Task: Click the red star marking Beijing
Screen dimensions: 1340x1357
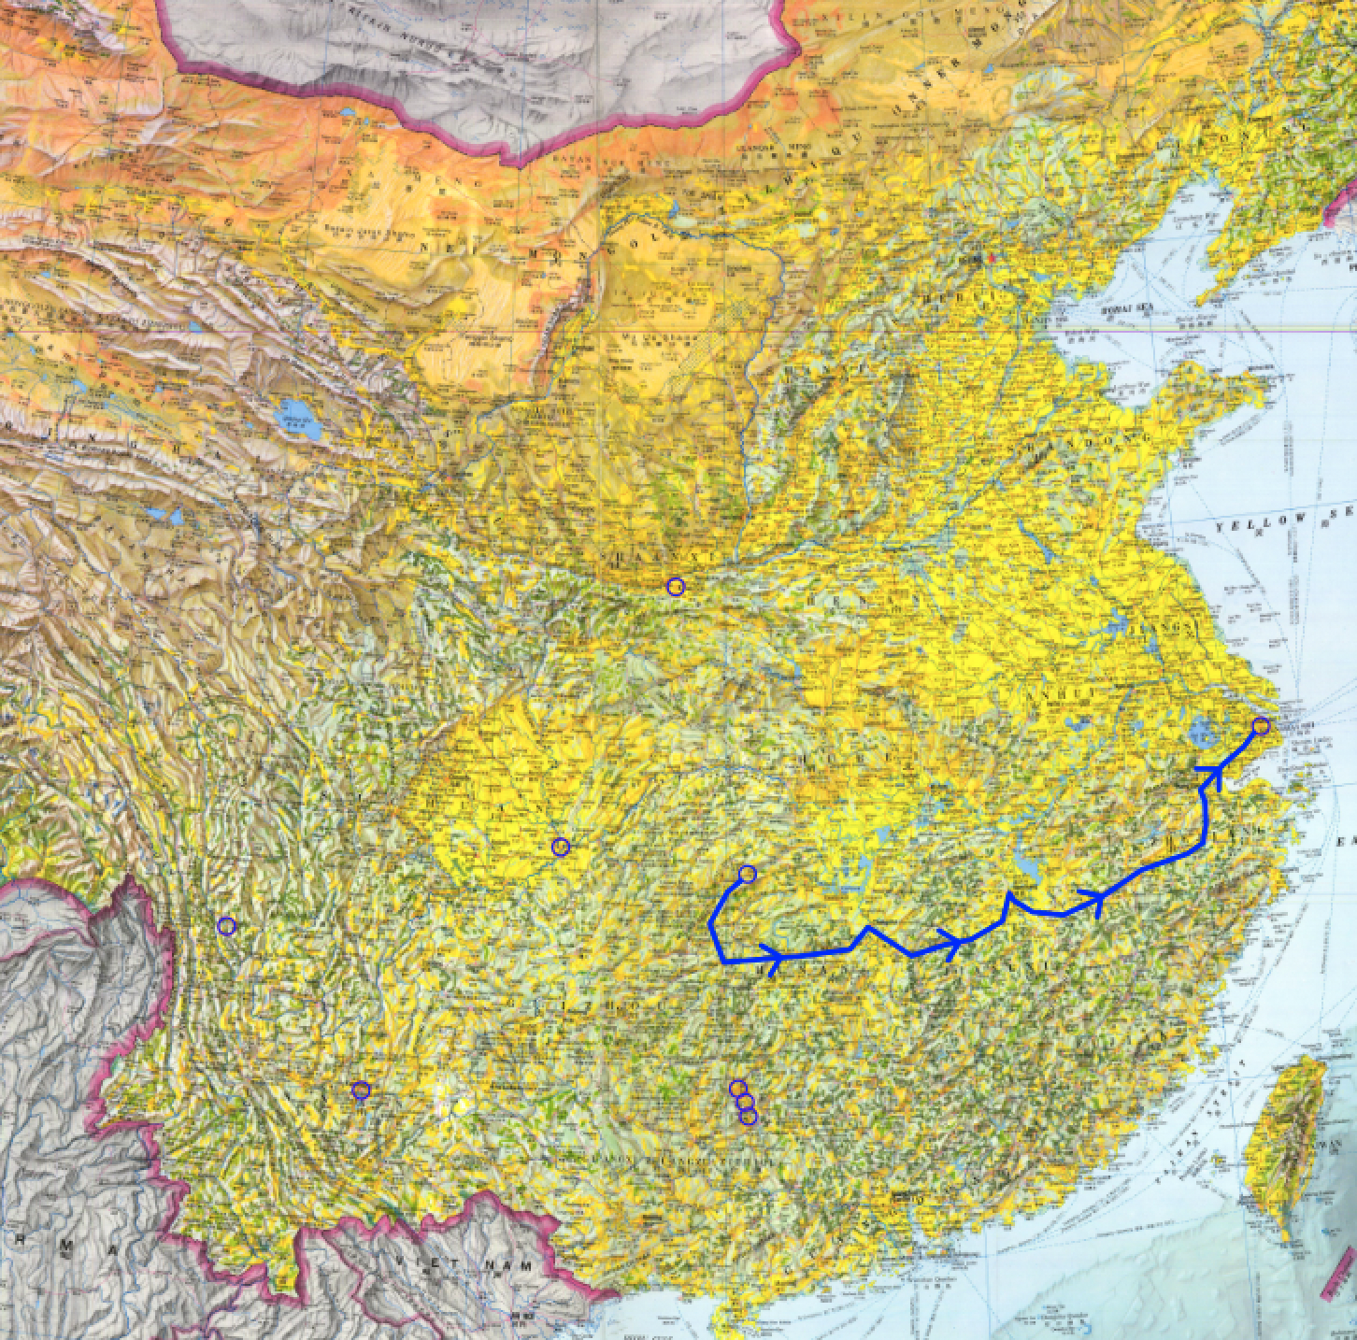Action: pos(992,256)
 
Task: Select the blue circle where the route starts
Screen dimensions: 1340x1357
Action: pos(747,874)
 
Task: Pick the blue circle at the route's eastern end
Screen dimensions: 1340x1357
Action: pos(1261,725)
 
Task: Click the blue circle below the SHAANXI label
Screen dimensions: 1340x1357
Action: pos(676,587)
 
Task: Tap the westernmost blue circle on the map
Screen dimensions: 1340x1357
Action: pos(226,926)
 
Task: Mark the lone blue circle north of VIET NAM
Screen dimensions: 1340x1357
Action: pos(361,1090)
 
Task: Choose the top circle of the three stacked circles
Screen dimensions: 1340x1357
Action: pos(737,1088)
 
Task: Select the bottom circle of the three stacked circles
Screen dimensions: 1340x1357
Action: pos(748,1116)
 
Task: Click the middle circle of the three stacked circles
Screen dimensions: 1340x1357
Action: pos(745,1102)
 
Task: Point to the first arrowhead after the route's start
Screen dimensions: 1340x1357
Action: pos(771,956)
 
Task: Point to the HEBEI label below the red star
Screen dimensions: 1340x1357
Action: pos(972,298)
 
